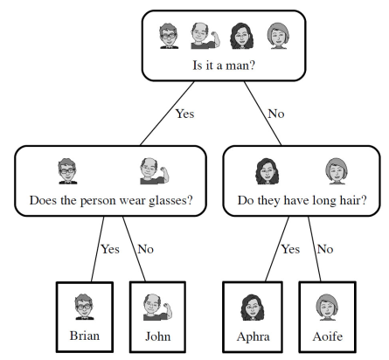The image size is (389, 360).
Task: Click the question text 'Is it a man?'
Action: point(224,66)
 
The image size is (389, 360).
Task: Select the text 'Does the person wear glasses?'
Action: point(111,201)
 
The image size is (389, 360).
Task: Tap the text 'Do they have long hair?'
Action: point(302,201)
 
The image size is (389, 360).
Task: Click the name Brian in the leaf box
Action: point(85,336)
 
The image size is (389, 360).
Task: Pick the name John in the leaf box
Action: point(158,336)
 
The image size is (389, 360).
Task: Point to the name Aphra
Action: point(253,336)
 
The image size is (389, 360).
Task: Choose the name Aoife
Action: point(328,336)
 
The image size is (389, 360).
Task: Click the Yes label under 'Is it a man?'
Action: point(184,114)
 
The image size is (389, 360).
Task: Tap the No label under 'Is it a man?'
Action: point(276,114)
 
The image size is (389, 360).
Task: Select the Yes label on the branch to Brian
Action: point(110,249)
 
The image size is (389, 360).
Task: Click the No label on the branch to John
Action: point(145,249)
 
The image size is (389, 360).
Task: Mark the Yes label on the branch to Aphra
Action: point(290,249)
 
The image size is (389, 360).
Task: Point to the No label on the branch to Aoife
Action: point(325,249)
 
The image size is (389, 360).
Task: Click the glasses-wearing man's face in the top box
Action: point(169,36)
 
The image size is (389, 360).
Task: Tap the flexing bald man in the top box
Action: point(205,36)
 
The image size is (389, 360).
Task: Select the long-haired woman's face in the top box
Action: point(242,36)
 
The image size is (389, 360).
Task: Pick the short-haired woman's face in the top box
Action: point(278,36)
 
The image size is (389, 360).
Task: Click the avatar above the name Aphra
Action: point(253,308)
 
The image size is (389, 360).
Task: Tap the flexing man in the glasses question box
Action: point(154,171)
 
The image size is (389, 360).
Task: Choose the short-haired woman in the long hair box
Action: point(337,171)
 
